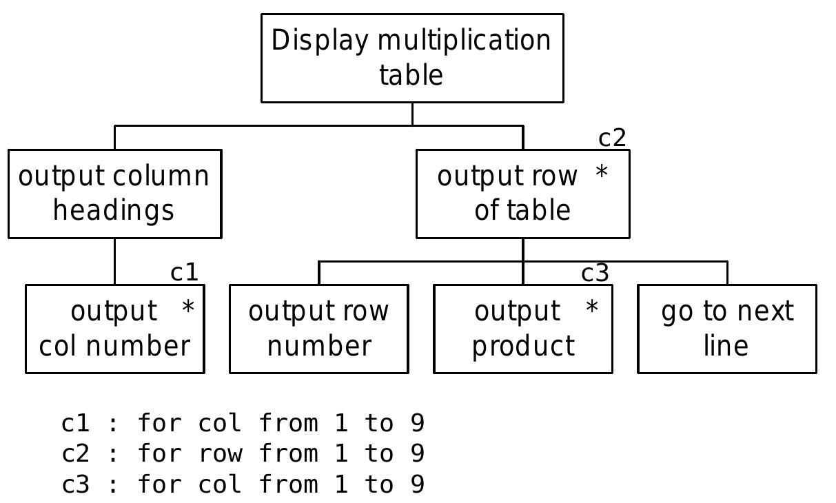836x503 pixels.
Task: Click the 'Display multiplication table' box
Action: pyautogui.click(x=412, y=58)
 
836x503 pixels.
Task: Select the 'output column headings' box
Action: pyautogui.click(x=114, y=194)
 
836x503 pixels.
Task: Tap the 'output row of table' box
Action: pyautogui.click(x=522, y=194)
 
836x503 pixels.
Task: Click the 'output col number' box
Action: pyautogui.click(x=114, y=329)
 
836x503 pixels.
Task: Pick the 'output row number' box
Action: pyautogui.click(x=318, y=329)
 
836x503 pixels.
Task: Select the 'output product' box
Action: pyautogui.click(x=522, y=329)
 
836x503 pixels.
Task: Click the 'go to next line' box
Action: pyautogui.click(x=726, y=329)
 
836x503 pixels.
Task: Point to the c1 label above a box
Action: pyautogui.click(x=184, y=273)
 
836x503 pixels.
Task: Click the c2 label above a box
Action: pyautogui.click(x=611, y=138)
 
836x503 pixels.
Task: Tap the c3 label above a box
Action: pyautogui.click(x=595, y=274)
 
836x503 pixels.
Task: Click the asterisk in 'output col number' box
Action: pyautogui.click(x=187, y=308)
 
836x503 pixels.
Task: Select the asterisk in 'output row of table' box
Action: pyautogui.click(x=601, y=173)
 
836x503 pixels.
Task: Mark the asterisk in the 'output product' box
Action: pyautogui.click(x=591, y=308)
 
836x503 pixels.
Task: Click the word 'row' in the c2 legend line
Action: pyautogui.click(x=221, y=454)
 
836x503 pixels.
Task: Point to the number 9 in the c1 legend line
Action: pyautogui.click(x=417, y=423)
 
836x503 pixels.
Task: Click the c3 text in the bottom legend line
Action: pyautogui.click(x=75, y=485)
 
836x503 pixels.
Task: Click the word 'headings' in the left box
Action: pyautogui.click(x=114, y=210)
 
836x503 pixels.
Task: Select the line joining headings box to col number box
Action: pyautogui.click(x=114, y=261)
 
